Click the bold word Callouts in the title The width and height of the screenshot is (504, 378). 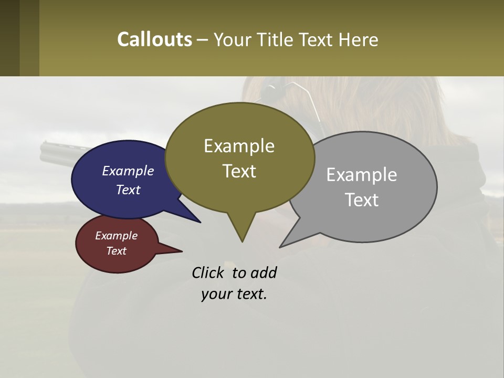point(154,39)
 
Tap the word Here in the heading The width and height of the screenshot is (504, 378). point(359,40)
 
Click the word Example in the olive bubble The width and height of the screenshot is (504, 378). point(239,146)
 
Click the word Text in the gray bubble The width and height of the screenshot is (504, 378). point(362,200)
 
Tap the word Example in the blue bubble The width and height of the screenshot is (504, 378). point(128,171)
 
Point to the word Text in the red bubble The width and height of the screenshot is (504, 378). point(117,251)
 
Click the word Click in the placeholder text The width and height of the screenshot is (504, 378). point(208,272)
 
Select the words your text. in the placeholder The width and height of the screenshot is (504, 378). point(234,294)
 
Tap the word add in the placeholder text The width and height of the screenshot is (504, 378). point(263,272)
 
